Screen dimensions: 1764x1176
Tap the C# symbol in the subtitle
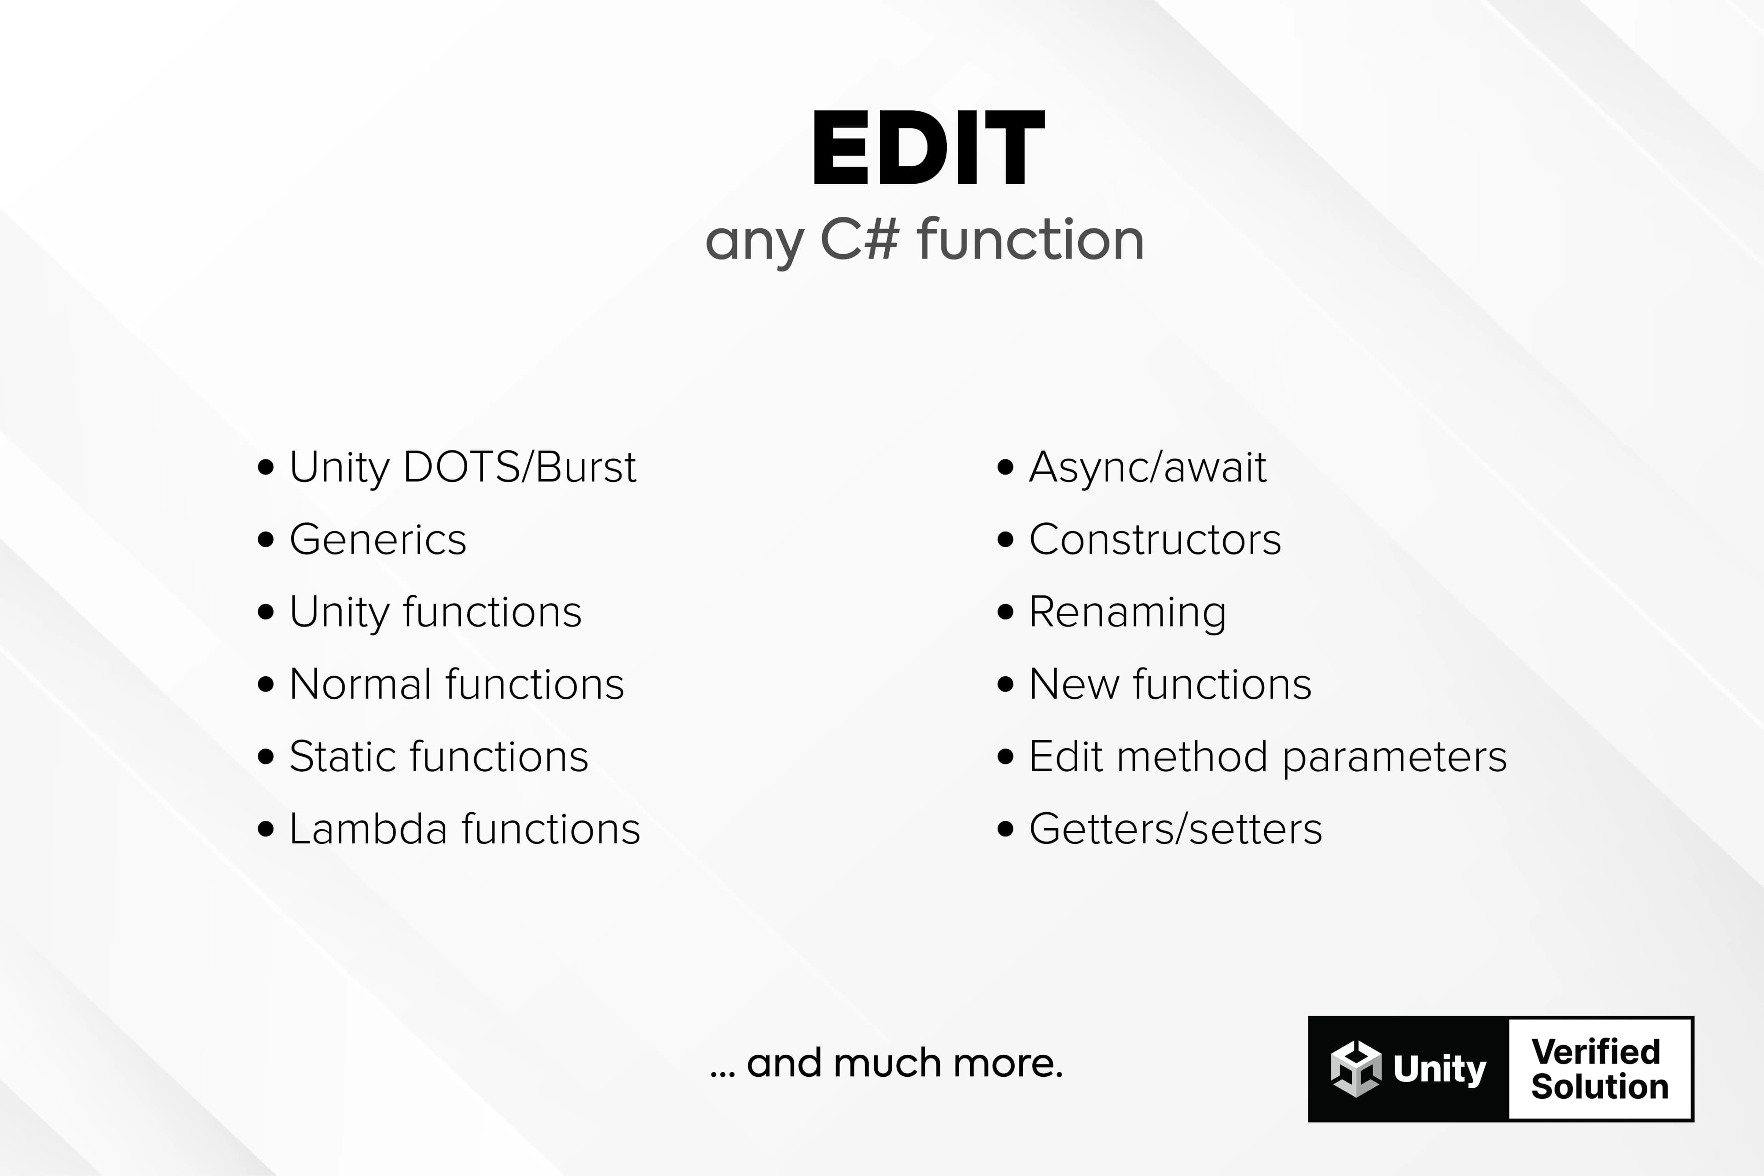(x=859, y=239)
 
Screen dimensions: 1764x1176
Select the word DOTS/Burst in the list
(x=520, y=467)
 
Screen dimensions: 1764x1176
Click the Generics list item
(x=378, y=539)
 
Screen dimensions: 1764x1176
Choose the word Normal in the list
(x=362, y=684)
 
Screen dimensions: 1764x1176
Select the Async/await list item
(x=1148, y=467)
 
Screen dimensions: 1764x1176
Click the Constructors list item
(x=1155, y=539)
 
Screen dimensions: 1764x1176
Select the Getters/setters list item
(x=1175, y=829)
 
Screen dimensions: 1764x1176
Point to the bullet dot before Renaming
(x=1006, y=612)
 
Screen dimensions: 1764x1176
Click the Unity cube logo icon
(x=1356, y=1069)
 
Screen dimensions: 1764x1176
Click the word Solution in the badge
(x=1600, y=1087)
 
